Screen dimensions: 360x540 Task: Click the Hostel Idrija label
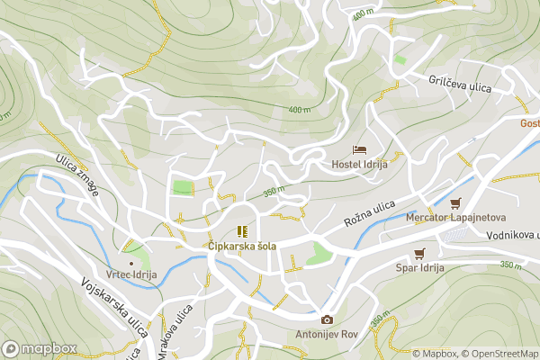click(x=360, y=164)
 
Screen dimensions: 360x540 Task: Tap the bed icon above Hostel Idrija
click(x=359, y=149)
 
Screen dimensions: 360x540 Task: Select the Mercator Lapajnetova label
click(x=455, y=218)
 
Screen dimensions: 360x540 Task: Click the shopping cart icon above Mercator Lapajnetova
click(x=455, y=203)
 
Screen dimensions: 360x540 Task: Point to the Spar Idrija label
click(x=418, y=268)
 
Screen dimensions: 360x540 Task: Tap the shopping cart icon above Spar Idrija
click(x=418, y=254)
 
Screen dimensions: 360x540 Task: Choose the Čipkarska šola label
click(x=242, y=246)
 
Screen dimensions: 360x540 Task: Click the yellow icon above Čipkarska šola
click(x=242, y=231)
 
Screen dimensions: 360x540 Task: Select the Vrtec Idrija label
click(x=131, y=277)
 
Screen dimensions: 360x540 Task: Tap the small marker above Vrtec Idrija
click(x=131, y=263)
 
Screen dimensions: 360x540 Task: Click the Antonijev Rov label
click(x=326, y=335)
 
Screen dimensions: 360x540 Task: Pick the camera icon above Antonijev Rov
click(x=326, y=319)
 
